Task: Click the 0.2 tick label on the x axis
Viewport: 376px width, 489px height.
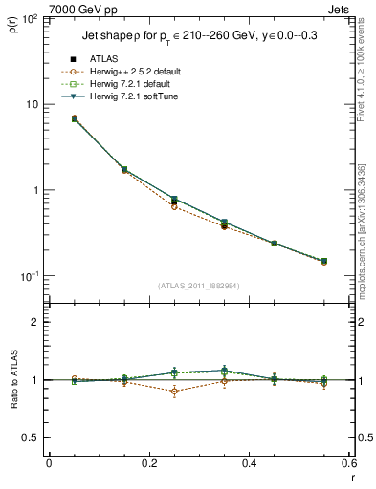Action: [149, 463]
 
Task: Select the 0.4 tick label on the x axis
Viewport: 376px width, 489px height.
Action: [250, 463]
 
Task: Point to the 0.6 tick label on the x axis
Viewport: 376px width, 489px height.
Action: [349, 463]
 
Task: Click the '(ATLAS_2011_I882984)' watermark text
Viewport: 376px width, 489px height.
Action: [199, 285]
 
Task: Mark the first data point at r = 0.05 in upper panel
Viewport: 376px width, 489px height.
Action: [75, 118]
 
